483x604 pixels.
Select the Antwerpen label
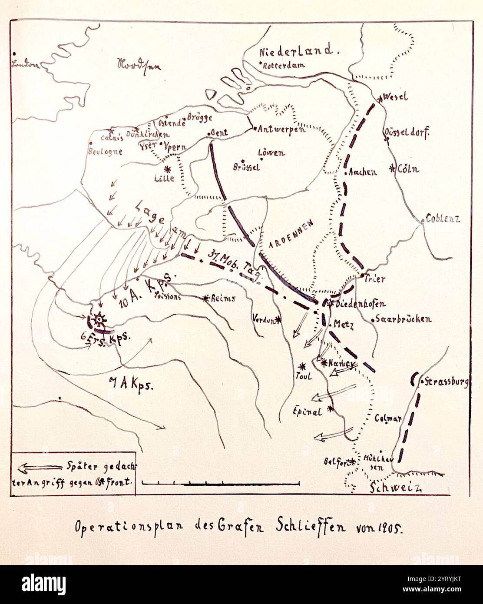pos(281,129)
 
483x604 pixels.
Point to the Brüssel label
pos(246,167)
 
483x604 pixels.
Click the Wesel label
pos(397,97)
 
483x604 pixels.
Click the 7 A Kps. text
pos(129,384)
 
